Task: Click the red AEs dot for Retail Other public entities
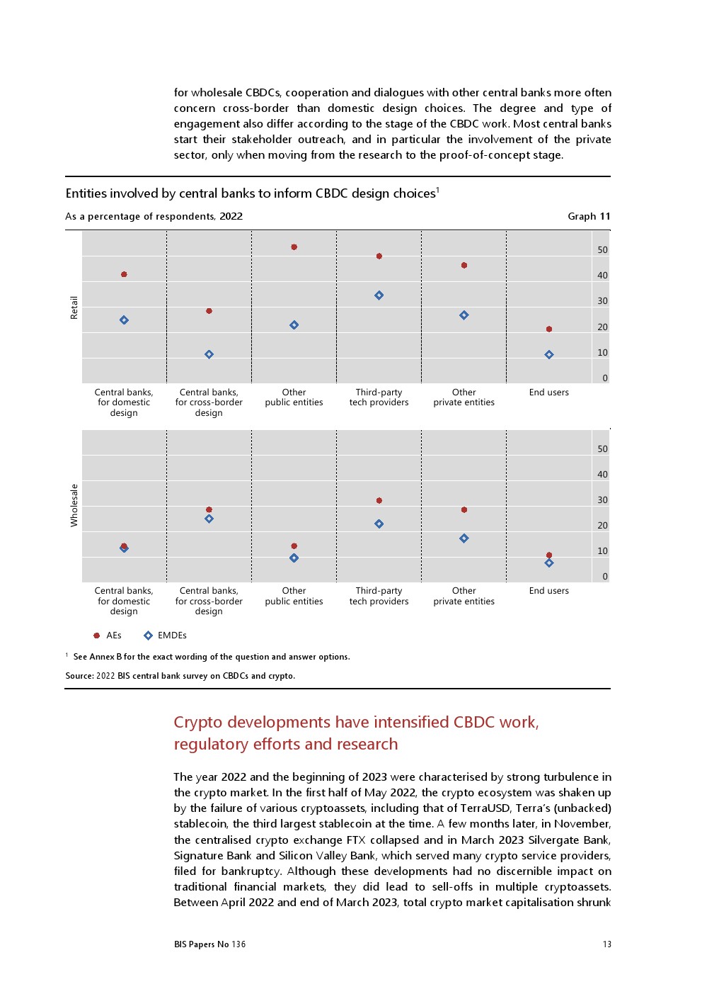[x=294, y=247]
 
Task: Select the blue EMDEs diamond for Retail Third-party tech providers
[x=379, y=295]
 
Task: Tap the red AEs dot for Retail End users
[x=549, y=329]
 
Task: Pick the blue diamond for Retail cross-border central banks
[x=209, y=354]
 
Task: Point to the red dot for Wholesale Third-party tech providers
[x=379, y=501]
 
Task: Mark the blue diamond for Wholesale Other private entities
[x=464, y=538]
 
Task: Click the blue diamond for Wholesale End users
[x=549, y=563]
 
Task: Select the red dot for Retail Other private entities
[x=464, y=266]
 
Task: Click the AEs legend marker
[x=97, y=636]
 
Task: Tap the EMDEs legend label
[x=172, y=636]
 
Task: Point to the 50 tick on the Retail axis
[x=602, y=250]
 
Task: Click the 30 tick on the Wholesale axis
[x=602, y=500]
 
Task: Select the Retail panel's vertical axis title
[x=74, y=307]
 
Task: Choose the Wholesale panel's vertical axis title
[x=74, y=505]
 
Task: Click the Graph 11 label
[x=588, y=217]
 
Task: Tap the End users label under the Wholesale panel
[x=548, y=591]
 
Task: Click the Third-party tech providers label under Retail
[x=379, y=397]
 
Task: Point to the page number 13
[x=606, y=944]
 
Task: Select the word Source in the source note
[x=79, y=676]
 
